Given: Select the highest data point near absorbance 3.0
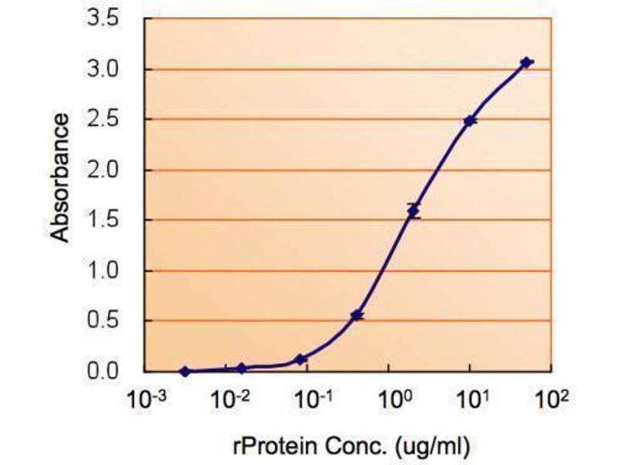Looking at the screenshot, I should [526, 62].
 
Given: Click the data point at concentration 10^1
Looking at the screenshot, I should [470, 121].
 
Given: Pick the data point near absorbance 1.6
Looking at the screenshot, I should [413, 211].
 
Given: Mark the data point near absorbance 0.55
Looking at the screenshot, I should [356, 315].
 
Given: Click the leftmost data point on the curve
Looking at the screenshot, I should [184, 371].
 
